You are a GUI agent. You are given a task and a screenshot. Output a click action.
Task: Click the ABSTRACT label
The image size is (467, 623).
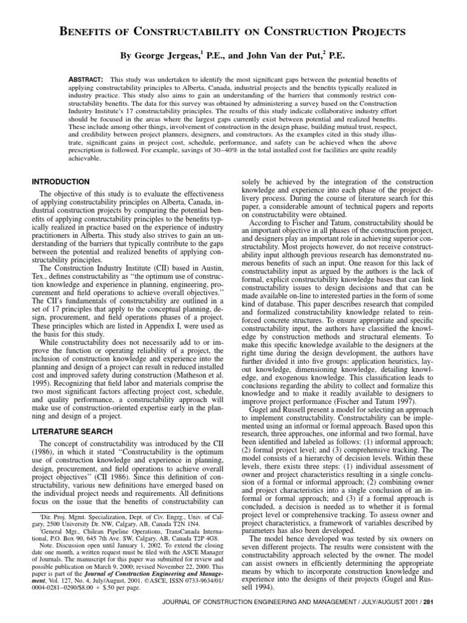[x=86, y=80]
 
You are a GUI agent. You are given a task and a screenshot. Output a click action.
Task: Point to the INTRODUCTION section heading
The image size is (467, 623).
[x=60, y=182]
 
